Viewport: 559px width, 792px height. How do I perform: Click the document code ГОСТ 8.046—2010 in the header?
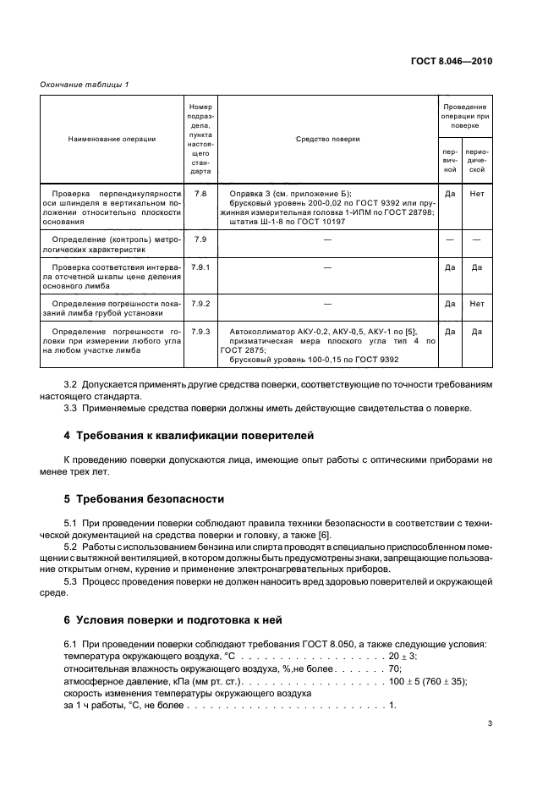[452, 61]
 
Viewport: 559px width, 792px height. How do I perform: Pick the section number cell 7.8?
[200, 194]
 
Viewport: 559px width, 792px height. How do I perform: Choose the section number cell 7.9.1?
[200, 267]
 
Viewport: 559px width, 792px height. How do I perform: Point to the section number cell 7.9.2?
[200, 302]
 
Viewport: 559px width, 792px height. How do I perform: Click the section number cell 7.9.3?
[200, 331]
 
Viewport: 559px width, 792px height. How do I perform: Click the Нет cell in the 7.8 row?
[477, 194]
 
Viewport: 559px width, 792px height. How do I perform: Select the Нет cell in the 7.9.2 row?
[477, 302]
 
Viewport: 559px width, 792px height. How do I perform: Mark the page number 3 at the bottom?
[490, 723]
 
